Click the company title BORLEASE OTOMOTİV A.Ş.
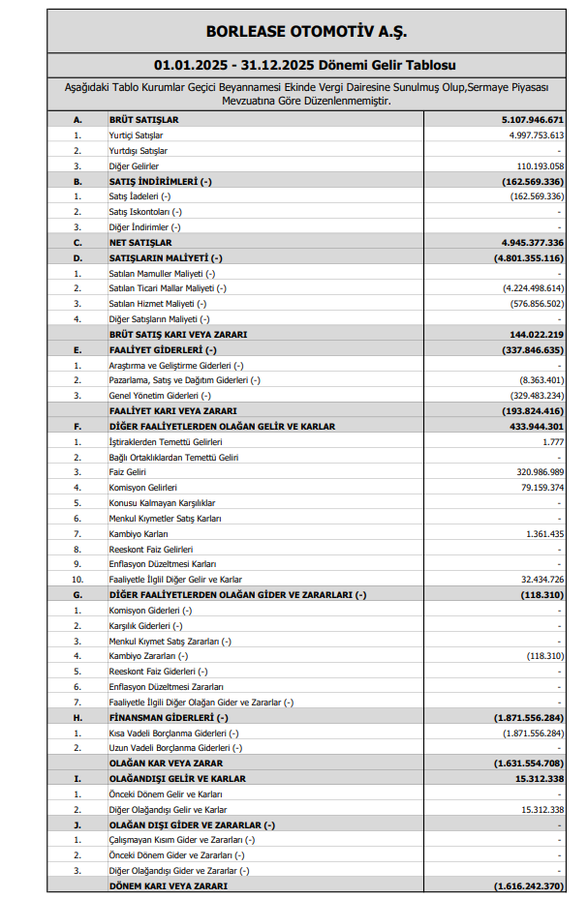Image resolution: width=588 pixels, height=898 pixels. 293,32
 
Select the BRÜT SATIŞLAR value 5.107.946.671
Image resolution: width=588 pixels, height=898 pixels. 527,119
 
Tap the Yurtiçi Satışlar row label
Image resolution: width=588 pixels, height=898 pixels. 136,135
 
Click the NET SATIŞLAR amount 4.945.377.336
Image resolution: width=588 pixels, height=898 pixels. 527,242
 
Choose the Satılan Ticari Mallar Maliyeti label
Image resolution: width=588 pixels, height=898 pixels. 168,288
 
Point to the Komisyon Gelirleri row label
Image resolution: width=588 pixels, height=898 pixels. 143,488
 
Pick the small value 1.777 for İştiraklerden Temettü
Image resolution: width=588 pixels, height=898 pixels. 552,441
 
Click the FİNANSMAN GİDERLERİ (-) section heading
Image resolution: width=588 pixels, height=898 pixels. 169,717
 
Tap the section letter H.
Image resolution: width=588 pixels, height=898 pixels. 77,717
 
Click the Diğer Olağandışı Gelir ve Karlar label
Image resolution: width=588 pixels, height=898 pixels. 168,809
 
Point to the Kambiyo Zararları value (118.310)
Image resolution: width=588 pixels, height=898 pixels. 542,656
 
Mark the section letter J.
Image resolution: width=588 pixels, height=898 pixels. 77,824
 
